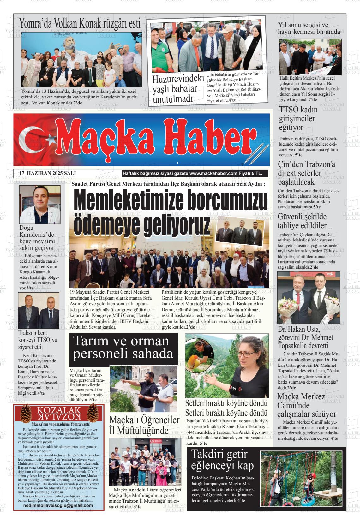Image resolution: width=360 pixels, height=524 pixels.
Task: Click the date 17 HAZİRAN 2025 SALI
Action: [47, 173]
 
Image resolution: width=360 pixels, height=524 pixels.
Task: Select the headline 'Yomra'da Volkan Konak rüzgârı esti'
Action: [80, 23]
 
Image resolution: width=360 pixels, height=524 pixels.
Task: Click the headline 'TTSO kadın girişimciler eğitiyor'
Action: [297, 118]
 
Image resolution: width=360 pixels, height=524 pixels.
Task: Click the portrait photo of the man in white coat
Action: [40, 205]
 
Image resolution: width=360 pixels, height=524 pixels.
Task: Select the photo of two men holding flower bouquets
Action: [309, 298]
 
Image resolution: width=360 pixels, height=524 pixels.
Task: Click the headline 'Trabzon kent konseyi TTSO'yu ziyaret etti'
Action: [38, 340]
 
